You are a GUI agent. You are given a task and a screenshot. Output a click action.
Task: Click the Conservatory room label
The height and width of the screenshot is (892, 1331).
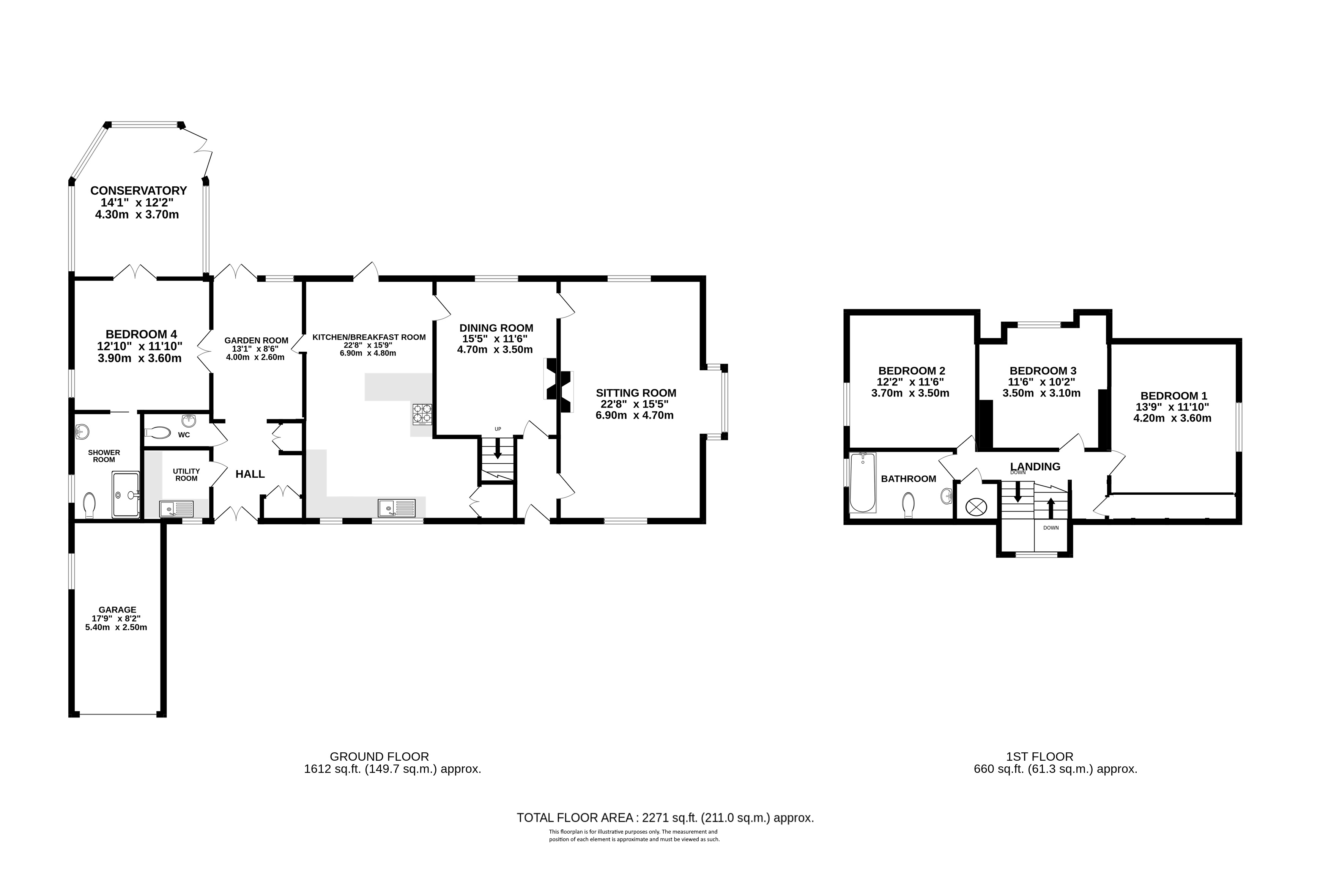pos(138,190)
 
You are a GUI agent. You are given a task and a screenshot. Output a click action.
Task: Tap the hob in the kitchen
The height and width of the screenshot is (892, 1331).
pos(422,414)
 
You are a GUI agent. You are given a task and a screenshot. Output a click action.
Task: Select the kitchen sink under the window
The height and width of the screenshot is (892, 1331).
pos(397,507)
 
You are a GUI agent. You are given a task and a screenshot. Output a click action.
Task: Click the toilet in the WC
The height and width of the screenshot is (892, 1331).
pos(158,434)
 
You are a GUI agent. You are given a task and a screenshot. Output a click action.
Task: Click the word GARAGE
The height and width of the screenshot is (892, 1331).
pos(118,610)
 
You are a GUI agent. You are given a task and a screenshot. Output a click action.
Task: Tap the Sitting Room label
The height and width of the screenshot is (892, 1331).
pos(636,393)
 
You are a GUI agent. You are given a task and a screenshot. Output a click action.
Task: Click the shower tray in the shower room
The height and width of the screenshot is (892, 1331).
pos(126,494)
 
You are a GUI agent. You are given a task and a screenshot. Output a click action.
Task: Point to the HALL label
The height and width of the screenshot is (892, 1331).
pos(250,474)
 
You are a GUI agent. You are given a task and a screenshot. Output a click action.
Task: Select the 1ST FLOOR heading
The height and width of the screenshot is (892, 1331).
pos(1040,757)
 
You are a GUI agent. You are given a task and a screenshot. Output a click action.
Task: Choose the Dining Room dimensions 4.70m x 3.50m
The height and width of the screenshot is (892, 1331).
pos(495,349)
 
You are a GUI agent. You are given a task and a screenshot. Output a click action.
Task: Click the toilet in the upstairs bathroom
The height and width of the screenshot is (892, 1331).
pos(908,505)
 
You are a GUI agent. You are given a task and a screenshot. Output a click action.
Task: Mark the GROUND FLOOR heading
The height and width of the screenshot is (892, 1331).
pos(380,757)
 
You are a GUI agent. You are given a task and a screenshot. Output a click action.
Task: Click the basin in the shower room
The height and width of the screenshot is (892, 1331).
pos(82,432)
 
